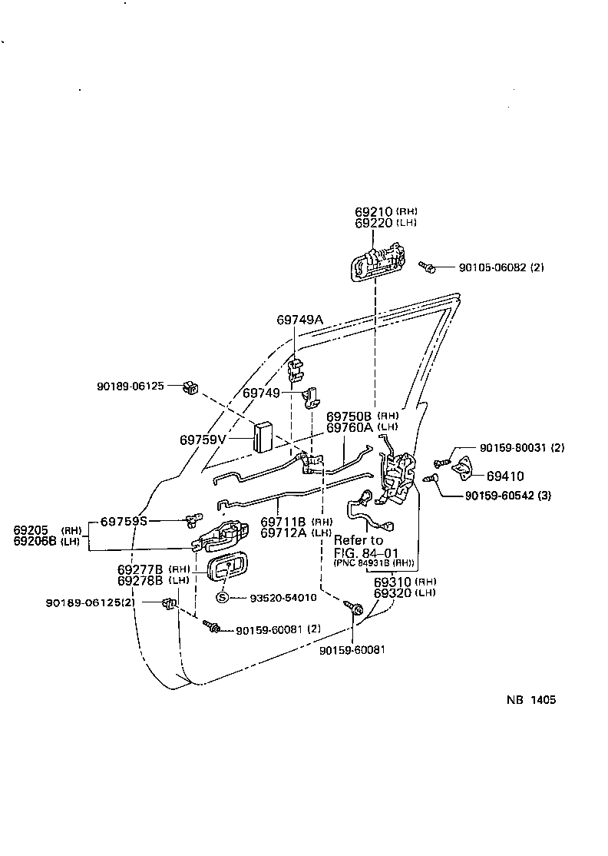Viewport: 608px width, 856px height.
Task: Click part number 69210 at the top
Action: point(374,211)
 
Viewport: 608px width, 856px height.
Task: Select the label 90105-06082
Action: point(492,267)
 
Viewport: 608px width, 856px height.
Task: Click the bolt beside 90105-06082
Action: point(428,267)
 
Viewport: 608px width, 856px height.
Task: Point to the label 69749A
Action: point(300,319)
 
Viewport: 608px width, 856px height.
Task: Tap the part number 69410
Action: point(504,476)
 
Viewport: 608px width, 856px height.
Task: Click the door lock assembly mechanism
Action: point(398,478)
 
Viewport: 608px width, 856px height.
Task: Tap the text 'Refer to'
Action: point(359,540)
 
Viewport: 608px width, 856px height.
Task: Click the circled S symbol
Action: point(223,598)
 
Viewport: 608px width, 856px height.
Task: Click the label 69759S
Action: point(126,521)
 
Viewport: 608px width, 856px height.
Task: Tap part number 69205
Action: point(31,530)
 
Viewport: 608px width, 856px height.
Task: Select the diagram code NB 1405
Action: point(530,700)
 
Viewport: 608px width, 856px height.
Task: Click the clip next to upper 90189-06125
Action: point(190,388)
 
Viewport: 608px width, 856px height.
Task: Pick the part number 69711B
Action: point(285,522)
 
